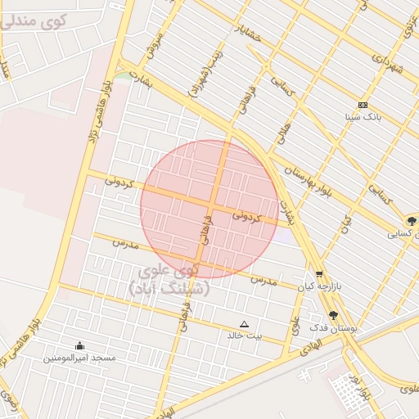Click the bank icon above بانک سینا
pos(363,106)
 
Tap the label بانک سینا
pos(363,118)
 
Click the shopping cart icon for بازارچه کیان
pos(319,275)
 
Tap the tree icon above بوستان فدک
pos(333,314)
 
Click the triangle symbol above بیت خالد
pos(243,324)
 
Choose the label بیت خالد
pos(245,336)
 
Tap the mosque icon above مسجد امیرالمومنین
pos(79,345)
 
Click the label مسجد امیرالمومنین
pos(79,358)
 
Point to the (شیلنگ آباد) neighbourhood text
pos(169,288)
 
